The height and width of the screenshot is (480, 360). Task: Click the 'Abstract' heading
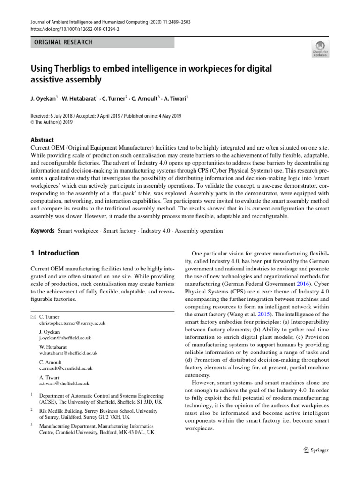click(x=42, y=140)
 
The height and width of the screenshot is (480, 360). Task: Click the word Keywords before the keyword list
click(x=42, y=231)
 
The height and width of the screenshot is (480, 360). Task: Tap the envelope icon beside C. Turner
click(x=33, y=317)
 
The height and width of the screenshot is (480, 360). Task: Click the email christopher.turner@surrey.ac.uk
click(x=72, y=323)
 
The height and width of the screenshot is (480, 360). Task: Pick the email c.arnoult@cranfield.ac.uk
click(x=66, y=368)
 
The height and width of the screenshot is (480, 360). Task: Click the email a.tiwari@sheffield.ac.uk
click(x=64, y=383)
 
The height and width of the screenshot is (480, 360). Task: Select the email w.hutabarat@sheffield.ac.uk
click(x=68, y=353)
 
